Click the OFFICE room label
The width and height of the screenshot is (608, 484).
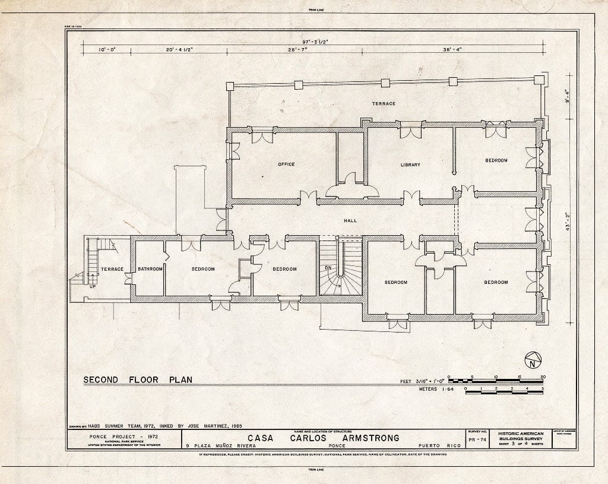tap(286, 165)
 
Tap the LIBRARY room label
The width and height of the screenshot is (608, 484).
tap(410, 165)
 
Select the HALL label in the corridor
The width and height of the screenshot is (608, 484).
tap(350, 220)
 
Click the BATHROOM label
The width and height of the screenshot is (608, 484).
tap(150, 269)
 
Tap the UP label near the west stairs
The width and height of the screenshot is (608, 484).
tap(92, 286)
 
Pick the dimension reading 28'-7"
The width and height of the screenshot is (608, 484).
tap(300, 50)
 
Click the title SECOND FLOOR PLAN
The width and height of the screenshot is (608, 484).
tap(138, 379)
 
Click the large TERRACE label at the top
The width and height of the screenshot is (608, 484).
tap(384, 103)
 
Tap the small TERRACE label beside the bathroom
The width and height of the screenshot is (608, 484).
tap(112, 269)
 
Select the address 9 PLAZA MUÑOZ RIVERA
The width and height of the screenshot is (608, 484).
tap(220, 445)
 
